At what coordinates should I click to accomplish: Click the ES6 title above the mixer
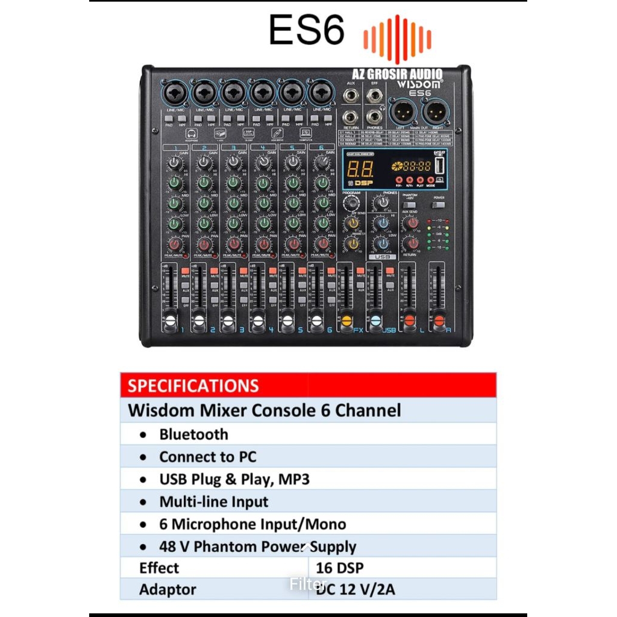pyautogui.click(x=306, y=30)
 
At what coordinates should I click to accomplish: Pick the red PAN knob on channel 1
pyautogui.click(x=175, y=245)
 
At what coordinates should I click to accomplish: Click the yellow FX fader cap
pyautogui.click(x=346, y=321)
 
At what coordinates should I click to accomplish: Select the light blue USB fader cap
pyautogui.click(x=375, y=321)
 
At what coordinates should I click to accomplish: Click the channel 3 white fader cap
pyautogui.click(x=228, y=321)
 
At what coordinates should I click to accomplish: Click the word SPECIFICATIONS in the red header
pyautogui.click(x=193, y=386)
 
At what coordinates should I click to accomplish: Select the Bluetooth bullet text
pyautogui.click(x=193, y=434)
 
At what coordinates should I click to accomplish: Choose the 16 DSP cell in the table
pyautogui.click(x=340, y=568)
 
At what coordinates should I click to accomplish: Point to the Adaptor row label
pyautogui.click(x=168, y=589)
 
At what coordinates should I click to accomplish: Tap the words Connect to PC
pyautogui.click(x=207, y=457)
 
